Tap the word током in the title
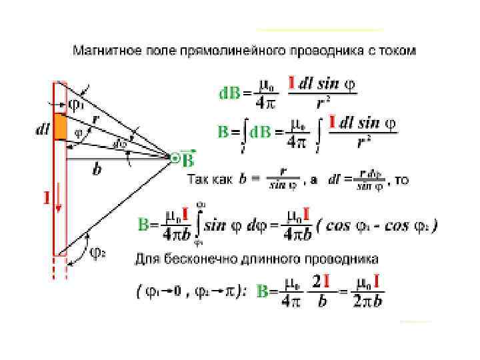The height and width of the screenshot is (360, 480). coord(398,51)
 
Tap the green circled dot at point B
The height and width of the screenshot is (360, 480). coord(175,158)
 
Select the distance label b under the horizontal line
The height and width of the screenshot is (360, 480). coord(98,170)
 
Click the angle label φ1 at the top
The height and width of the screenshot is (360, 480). coord(77,104)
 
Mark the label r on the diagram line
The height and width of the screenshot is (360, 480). coord(96,118)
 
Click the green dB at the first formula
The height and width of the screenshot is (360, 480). coord(230,93)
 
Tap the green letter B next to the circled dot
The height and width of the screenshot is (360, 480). coord(189,160)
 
